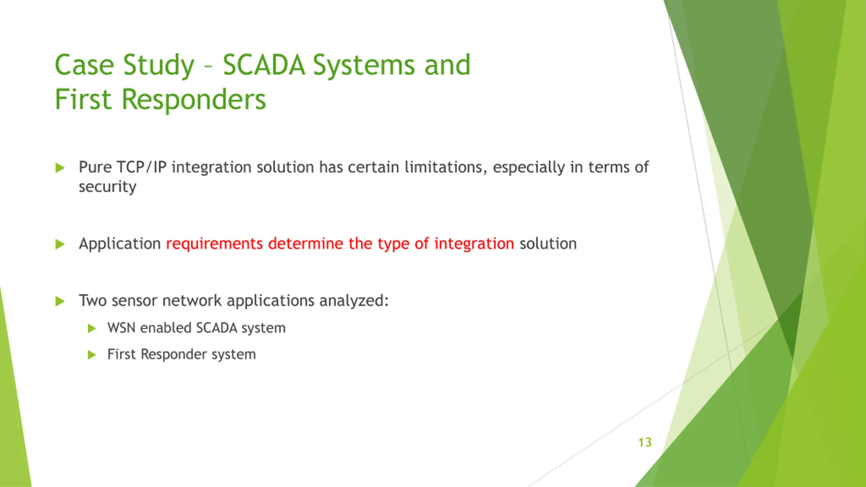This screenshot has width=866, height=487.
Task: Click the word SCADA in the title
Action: (264, 65)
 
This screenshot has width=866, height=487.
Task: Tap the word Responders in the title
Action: (194, 100)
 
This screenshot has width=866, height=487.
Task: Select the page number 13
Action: (645, 442)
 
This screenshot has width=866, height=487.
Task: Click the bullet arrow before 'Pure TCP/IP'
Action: (60, 167)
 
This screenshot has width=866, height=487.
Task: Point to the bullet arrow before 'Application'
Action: (60, 244)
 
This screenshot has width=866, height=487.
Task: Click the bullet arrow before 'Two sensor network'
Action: (60, 301)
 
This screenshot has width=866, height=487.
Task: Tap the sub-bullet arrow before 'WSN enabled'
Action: (92, 328)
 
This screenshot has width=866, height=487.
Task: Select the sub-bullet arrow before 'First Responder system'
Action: (92, 355)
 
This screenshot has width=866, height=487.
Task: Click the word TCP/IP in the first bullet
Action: (141, 167)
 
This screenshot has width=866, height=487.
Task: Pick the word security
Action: (108, 187)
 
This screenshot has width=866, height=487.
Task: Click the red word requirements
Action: (214, 244)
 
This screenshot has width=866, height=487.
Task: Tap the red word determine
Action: (306, 243)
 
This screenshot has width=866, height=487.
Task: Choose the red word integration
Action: (474, 244)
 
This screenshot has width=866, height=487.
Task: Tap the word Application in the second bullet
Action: (120, 244)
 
